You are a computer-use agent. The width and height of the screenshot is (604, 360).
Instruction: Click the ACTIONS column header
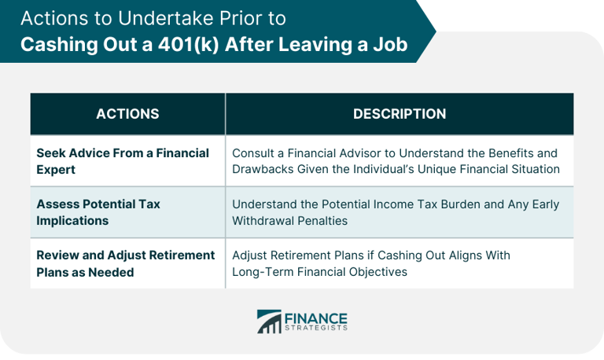tap(127, 114)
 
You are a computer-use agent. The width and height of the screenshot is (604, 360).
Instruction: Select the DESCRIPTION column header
tap(400, 114)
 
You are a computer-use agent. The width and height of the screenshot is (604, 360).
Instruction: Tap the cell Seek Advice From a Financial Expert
tap(123, 160)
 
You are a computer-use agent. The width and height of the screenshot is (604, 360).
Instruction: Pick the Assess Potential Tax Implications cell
tap(98, 212)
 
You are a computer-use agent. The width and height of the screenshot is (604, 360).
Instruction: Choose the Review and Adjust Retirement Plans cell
tap(126, 263)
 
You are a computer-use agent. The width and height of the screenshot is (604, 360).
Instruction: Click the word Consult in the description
tap(254, 152)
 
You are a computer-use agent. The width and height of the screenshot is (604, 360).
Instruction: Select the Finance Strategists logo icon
tap(270, 321)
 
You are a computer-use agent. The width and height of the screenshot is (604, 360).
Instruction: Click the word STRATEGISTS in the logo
tap(316, 329)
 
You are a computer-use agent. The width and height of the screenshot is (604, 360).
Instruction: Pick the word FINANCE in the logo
tap(316, 317)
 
